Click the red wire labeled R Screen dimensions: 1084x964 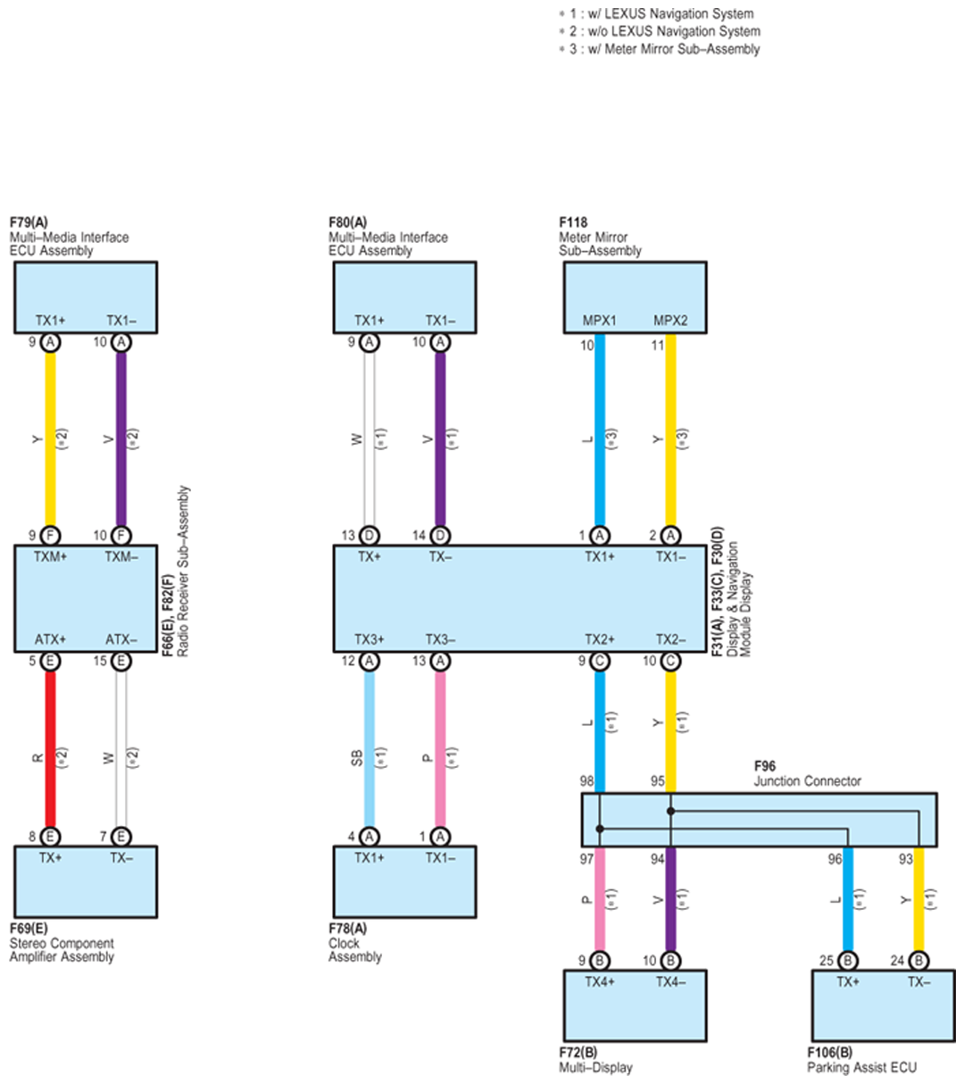click(51, 750)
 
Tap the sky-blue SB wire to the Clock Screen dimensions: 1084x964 click(370, 750)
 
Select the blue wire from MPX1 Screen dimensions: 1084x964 click(600, 438)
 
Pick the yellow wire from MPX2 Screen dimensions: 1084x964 click(670, 438)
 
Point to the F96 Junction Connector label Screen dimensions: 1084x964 click(765, 766)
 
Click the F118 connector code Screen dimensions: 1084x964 click(573, 222)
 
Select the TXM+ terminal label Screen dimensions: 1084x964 click(51, 556)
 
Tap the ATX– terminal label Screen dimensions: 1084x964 click(121, 639)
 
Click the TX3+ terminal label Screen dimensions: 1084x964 click(370, 639)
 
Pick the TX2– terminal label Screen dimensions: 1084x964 click(670, 639)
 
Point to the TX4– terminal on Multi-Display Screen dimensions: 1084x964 click(670, 981)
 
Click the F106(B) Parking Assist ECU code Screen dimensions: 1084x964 click(829, 1053)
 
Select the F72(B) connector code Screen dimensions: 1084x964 click(578, 1053)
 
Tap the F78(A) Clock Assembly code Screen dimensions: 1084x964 click(347, 929)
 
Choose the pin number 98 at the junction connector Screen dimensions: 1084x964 click(586, 781)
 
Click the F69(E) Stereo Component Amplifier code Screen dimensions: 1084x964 click(29, 929)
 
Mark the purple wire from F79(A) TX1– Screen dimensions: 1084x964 click(121, 438)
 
